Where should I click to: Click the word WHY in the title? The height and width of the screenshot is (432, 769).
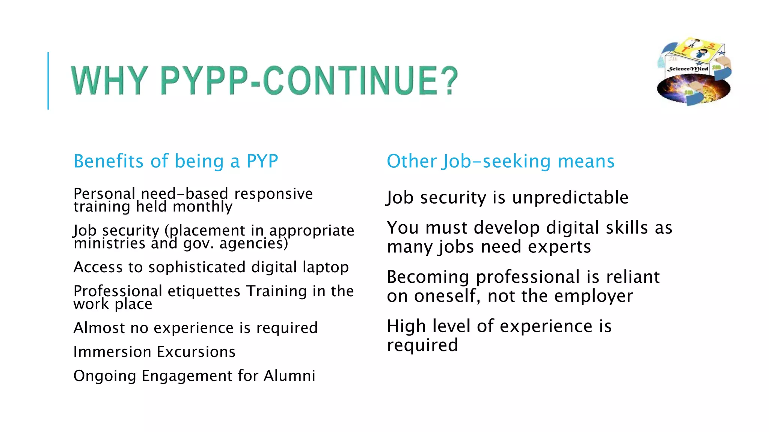click(109, 80)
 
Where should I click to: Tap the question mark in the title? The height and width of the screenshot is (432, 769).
click(447, 80)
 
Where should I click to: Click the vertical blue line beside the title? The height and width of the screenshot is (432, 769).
click(48, 81)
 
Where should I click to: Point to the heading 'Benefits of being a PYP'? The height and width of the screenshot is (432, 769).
click(176, 161)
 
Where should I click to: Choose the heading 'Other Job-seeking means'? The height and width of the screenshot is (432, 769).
click(501, 161)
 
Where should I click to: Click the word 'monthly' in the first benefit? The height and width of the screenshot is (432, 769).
click(202, 207)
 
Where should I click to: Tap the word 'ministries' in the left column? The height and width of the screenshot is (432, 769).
click(109, 243)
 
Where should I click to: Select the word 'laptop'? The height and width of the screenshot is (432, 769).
click(326, 267)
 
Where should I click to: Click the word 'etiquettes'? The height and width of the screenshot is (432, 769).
click(204, 291)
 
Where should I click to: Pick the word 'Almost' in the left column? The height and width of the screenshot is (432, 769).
click(99, 328)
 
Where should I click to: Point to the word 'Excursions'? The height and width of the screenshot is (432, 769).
click(196, 352)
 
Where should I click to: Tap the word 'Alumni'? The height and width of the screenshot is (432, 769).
click(289, 376)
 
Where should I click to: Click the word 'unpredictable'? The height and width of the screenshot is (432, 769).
click(570, 198)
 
